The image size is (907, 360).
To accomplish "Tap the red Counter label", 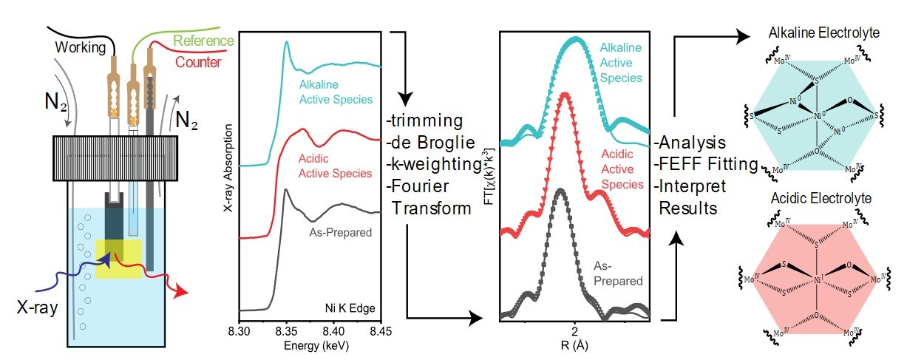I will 200,63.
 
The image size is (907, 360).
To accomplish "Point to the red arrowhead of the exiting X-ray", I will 177,298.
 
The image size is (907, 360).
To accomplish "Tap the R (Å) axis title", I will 574,345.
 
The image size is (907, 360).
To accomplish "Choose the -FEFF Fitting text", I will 706,164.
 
